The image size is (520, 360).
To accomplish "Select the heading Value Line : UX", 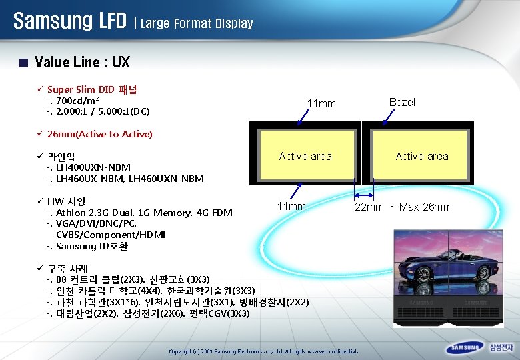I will pyautogui.click(x=82, y=63).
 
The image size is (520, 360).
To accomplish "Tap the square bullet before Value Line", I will pyautogui.click(x=24, y=64).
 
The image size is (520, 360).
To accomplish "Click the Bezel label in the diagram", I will pyautogui.click(x=402, y=102).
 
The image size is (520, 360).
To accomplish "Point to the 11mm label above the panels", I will pyautogui.click(x=321, y=104).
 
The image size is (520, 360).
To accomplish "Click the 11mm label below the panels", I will pyautogui.click(x=291, y=207).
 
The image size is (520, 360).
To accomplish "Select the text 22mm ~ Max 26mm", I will pyautogui.click(x=403, y=207).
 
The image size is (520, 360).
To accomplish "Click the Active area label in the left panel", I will pyautogui.click(x=305, y=156).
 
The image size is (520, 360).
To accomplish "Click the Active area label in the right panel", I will pyautogui.click(x=422, y=156).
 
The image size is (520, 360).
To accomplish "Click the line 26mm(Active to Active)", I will pyautogui.click(x=100, y=134).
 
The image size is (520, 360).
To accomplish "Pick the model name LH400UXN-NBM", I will pyautogui.click(x=93, y=167).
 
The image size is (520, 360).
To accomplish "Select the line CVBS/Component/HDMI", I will pyautogui.click(x=111, y=235).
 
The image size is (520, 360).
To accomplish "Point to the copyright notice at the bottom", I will pyautogui.click(x=264, y=351).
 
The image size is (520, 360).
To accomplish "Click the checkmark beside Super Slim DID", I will pyautogui.click(x=41, y=89).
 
